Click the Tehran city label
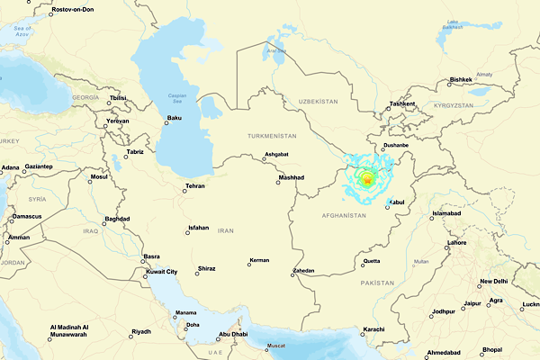pos(194,186)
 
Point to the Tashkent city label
pos(402,103)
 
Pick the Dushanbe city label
pos(396,144)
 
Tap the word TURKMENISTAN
pos(272,135)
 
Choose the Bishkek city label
pos(461,79)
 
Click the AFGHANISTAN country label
pos(346,216)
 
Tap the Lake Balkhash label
pos(465,24)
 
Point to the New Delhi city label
pos(493,282)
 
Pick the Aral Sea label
pos(274,50)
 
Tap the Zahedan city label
pos(304,271)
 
